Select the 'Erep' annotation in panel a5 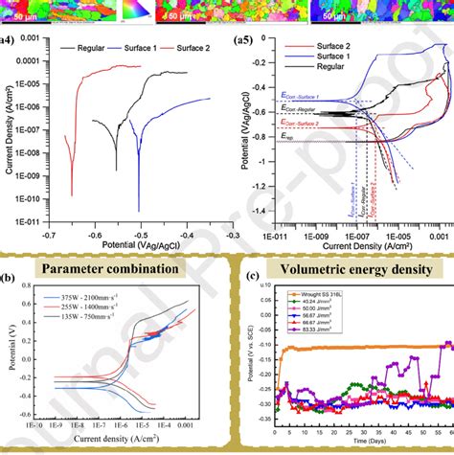[288, 137]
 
